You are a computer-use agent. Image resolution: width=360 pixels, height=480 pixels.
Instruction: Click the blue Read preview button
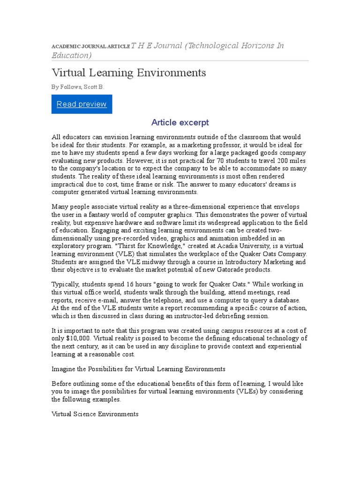82,104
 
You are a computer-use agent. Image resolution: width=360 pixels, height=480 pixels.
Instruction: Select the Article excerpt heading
180,123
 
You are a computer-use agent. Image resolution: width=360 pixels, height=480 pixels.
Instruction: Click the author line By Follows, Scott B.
78,87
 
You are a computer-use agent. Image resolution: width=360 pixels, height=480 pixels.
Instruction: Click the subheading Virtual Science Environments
95,414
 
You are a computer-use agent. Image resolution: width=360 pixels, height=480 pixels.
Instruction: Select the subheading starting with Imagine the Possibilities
138,369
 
